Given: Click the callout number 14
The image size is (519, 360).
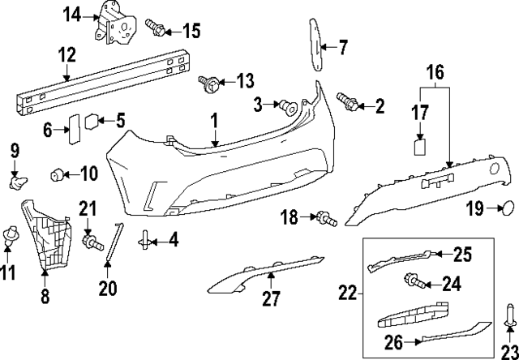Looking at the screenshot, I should [72, 14].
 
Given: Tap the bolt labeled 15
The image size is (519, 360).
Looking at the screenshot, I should [156, 29].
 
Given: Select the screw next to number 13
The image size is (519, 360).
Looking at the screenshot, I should [209, 82].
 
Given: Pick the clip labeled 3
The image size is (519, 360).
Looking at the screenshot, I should [286, 105].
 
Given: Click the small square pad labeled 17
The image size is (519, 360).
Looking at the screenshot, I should [421, 146].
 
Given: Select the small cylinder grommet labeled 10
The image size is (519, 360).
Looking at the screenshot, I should [57, 173].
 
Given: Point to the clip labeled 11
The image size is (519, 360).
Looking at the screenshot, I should [12, 235].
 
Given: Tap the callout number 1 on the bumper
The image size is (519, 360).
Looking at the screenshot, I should [216, 122].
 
